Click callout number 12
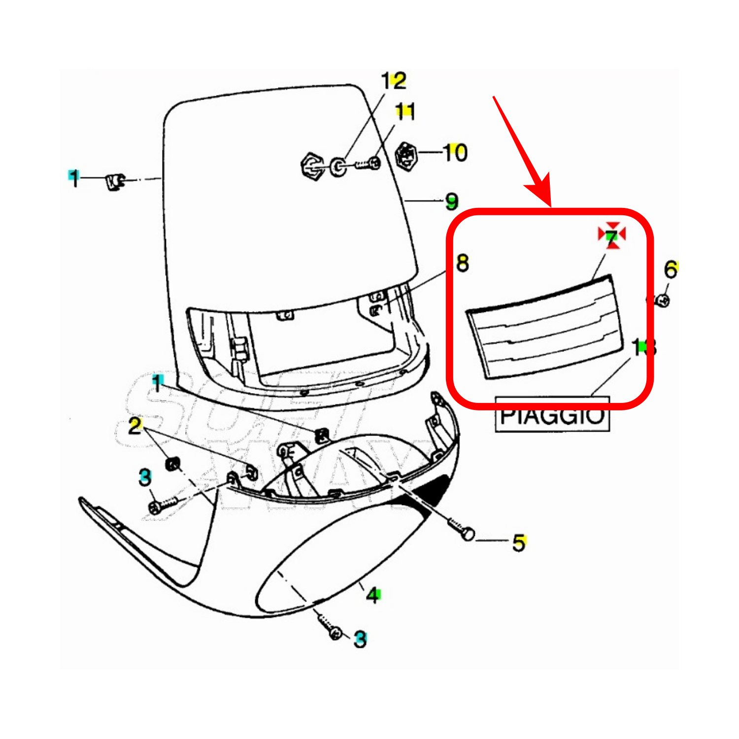(x=394, y=81)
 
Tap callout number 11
(x=405, y=112)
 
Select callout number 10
(x=455, y=153)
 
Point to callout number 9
(x=451, y=202)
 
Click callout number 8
(x=462, y=263)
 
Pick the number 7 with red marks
(x=611, y=237)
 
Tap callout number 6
(x=671, y=269)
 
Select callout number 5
(x=519, y=543)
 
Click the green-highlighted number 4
(x=373, y=595)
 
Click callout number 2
(x=135, y=426)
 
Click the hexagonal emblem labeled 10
(x=406, y=155)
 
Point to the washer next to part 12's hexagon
(x=338, y=167)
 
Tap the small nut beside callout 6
(x=663, y=300)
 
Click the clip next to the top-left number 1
(x=115, y=182)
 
